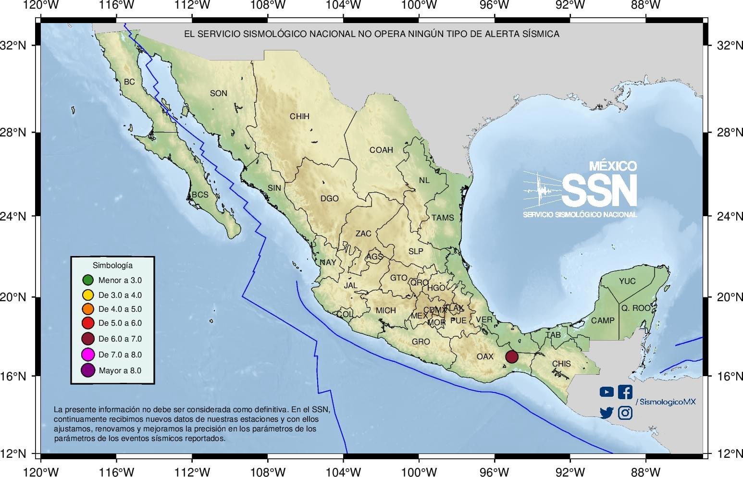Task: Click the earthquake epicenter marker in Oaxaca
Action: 511,356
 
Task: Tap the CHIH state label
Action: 299,116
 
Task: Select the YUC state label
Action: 627,281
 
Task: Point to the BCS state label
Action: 200,195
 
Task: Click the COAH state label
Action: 381,150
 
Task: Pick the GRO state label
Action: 421,342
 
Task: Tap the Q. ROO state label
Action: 635,308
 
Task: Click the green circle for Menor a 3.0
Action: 87,280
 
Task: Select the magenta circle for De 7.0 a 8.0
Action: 87,355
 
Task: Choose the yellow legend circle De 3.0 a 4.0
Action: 87,294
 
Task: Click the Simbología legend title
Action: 112,265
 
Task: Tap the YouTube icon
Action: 607,392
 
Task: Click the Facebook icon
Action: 625,392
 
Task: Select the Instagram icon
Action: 625,413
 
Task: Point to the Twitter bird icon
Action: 607,413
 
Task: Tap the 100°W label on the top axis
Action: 419,5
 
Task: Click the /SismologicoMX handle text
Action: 665,402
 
